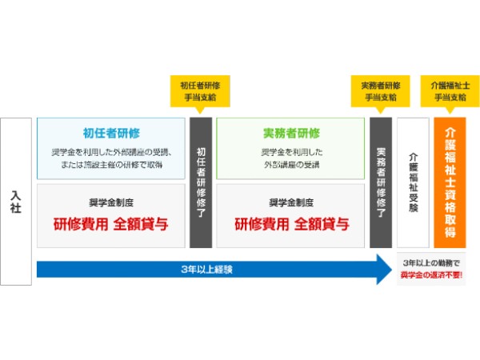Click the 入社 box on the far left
click(x=16, y=202)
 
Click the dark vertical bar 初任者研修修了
click(x=201, y=182)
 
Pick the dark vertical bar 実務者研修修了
click(x=381, y=182)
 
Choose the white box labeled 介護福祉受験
click(x=413, y=182)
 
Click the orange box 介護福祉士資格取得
click(x=449, y=182)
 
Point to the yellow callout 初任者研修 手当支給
click(x=200, y=90)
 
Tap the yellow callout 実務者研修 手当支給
click(x=380, y=90)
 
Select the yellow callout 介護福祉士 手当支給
click(x=449, y=90)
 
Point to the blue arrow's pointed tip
click(x=389, y=270)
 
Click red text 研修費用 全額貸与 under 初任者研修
click(x=111, y=223)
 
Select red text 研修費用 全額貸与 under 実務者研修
click(x=290, y=223)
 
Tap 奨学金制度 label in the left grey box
click(x=111, y=202)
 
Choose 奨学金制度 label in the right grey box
click(x=290, y=202)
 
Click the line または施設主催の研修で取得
click(x=111, y=163)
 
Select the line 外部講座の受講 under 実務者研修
click(x=290, y=163)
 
